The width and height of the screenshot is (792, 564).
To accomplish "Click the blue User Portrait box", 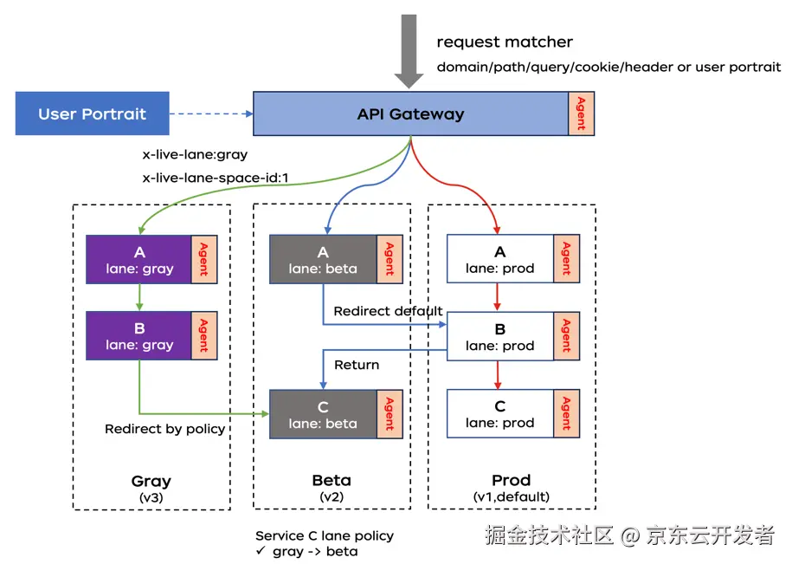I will point(92,113).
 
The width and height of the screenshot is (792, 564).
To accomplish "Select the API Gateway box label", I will point(410,113).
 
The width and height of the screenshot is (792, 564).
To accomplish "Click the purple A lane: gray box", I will point(138,259).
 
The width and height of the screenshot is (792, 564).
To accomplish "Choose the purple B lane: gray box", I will point(138,335).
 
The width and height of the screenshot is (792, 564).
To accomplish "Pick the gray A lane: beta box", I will point(323,259).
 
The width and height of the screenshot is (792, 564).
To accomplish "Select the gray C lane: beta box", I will point(323,414).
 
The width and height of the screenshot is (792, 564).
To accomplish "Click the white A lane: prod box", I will point(499,259).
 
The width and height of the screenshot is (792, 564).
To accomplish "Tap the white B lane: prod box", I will point(499,336).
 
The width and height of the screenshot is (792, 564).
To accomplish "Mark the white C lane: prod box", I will point(499,413).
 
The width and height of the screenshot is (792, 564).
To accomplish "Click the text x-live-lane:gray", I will point(195,155).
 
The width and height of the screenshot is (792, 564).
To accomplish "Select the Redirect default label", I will point(388,311).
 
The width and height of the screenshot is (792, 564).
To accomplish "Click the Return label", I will point(357,365).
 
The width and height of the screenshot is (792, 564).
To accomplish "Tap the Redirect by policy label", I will point(164,429).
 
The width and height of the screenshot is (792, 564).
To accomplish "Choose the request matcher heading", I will point(505,42).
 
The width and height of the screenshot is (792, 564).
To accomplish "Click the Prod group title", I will point(511,480).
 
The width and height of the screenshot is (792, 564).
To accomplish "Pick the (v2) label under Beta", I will point(331,496).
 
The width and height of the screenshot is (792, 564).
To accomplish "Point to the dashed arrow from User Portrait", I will point(210,113).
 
